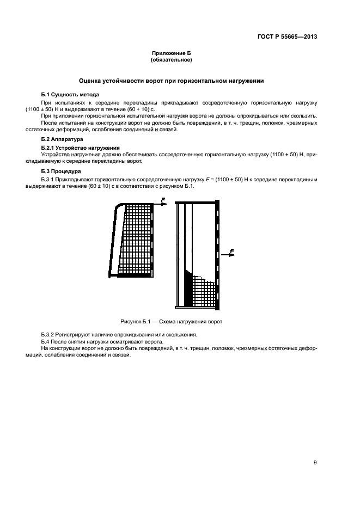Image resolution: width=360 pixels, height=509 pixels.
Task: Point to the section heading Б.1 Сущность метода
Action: (70, 94)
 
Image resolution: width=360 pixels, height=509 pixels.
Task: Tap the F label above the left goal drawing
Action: (162, 199)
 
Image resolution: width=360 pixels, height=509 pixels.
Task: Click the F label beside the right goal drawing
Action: (233, 250)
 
